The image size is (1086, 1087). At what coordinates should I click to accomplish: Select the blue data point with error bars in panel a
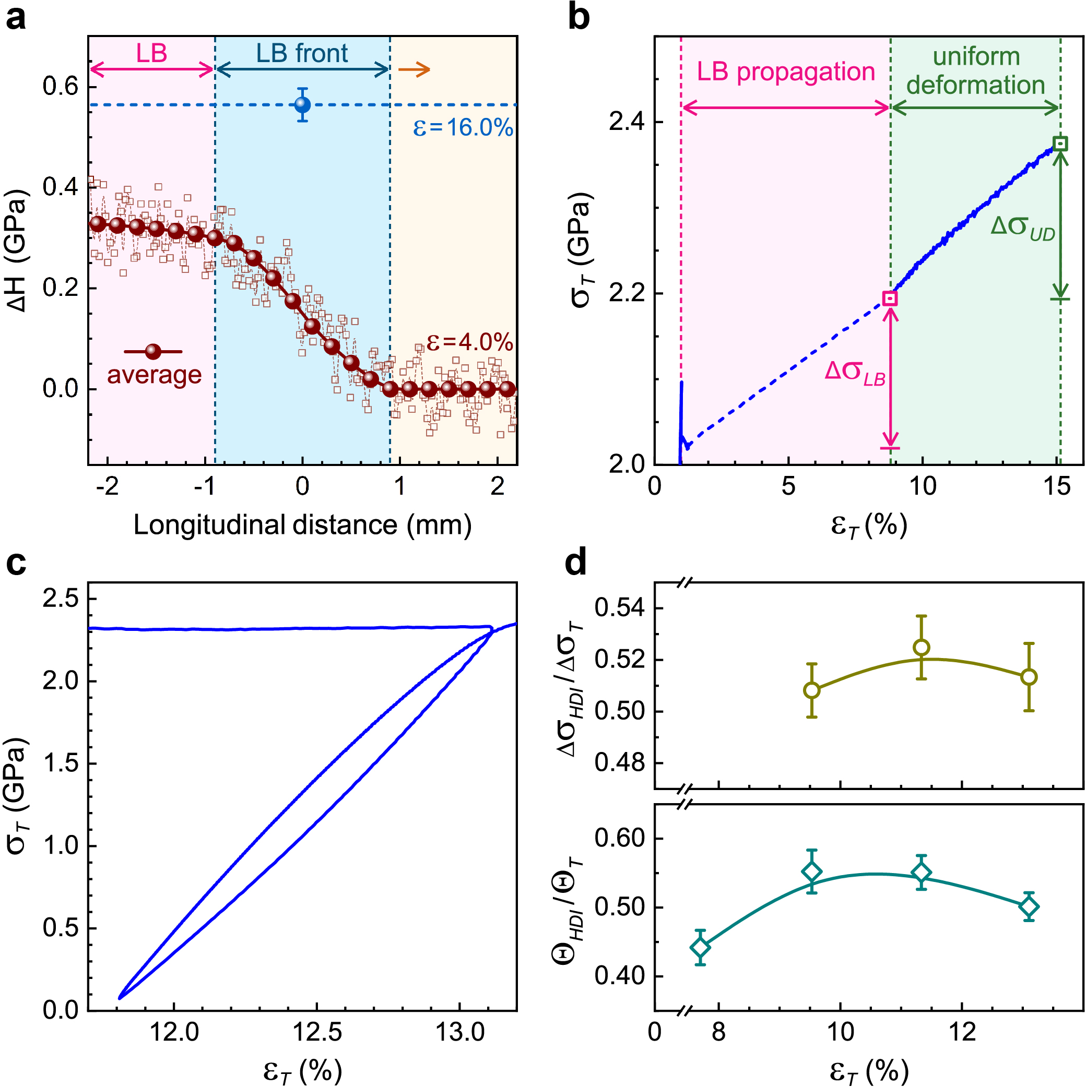click(x=302, y=105)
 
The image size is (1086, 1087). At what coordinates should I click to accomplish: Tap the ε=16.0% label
click(x=463, y=128)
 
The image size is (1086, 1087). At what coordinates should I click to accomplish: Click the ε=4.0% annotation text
click(x=469, y=341)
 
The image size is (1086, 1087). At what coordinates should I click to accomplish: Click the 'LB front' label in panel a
click(x=302, y=53)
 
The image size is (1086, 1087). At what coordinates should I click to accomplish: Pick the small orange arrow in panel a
click(x=414, y=70)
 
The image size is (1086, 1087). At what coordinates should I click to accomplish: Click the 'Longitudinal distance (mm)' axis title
click(x=302, y=525)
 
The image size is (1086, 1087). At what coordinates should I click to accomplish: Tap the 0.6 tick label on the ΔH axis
click(x=60, y=87)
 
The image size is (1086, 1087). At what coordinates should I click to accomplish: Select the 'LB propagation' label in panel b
click(x=786, y=72)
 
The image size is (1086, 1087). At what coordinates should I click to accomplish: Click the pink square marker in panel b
click(x=890, y=298)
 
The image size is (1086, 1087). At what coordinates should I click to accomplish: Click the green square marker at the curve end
click(x=1060, y=144)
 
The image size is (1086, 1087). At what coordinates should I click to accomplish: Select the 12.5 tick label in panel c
click(x=317, y=1032)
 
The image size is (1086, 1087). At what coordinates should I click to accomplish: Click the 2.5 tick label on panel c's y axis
click(x=60, y=599)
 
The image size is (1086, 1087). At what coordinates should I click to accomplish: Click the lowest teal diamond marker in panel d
click(x=700, y=948)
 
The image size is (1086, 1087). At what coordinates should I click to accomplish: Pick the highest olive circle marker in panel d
click(x=921, y=648)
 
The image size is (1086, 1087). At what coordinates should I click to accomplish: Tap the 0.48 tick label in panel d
click(x=620, y=763)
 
